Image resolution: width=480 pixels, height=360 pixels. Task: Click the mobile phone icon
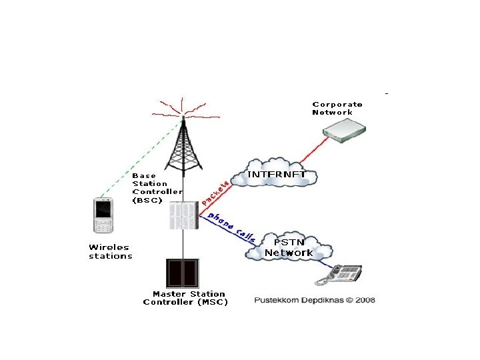point(103,216)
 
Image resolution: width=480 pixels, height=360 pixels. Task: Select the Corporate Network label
point(337,108)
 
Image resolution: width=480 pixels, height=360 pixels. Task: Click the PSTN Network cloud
point(289,247)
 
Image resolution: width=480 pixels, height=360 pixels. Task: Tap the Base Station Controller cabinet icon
point(183,215)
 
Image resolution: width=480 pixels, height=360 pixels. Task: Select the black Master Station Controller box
point(183,273)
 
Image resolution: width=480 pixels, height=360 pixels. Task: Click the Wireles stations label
point(111,251)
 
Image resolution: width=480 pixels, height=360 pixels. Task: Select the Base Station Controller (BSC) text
point(156,187)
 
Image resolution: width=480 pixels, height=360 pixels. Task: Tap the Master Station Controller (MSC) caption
point(186,298)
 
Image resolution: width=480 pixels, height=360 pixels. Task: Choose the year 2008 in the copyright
point(365,300)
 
